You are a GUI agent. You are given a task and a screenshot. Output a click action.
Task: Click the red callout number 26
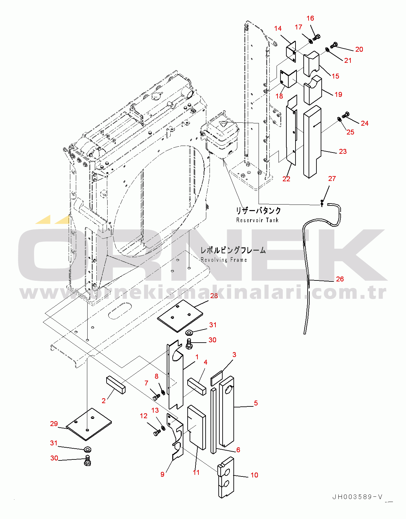click(x=340, y=279)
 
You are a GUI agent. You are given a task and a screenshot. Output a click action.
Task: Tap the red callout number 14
click(x=278, y=28)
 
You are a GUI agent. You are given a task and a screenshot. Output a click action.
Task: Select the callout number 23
click(x=343, y=151)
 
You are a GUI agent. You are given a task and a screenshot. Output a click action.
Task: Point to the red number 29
click(x=54, y=423)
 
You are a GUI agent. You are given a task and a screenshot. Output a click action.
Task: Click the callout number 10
click(x=254, y=475)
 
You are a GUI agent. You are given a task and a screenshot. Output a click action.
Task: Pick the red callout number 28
click(x=214, y=295)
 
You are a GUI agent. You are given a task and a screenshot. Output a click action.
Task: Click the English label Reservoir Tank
click(x=257, y=220)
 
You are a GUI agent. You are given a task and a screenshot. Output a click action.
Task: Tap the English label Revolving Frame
click(x=224, y=259)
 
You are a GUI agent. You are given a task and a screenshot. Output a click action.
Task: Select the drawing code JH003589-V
click(x=357, y=497)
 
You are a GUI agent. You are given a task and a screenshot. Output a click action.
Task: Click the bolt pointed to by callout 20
click(x=334, y=45)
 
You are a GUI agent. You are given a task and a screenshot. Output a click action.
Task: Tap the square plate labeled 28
click(x=180, y=316)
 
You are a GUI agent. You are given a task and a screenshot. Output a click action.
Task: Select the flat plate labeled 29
click(x=89, y=424)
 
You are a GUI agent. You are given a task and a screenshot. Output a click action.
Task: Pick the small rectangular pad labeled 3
click(x=217, y=378)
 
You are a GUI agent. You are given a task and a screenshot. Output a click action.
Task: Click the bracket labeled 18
click(x=288, y=79)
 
